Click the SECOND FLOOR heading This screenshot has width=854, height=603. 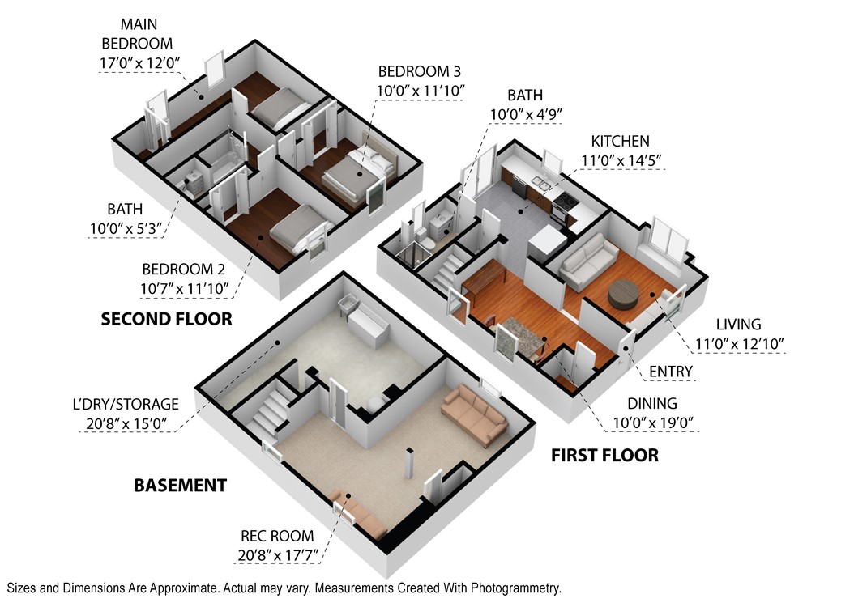pyautogui.click(x=167, y=319)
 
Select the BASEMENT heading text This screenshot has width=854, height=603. pyautogui.click(x=180, y=486)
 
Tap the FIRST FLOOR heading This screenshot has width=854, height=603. pyautogui.click(x=604, y=455)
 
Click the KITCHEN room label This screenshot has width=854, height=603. pyautogui.click(x=621, y=142)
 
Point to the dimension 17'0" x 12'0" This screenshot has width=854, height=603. pyautogui.click(x=139, y=63)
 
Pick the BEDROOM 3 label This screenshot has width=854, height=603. pyautogui.click(x=420, y=71)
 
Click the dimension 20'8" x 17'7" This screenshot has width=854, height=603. pyautogui.click(x=278, y=556)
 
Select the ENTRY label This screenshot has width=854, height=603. pyautogui.click(x=670, y=372)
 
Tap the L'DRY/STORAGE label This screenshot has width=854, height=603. pyautogui.click(x=126, y=404)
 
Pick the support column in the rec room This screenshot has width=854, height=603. pyautogui.click(x=410, y=465)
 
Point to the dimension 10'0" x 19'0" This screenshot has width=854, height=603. pyautogui.click(x=652, y=423)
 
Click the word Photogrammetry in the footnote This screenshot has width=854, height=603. pyautogui.click(x=515, y=588)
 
